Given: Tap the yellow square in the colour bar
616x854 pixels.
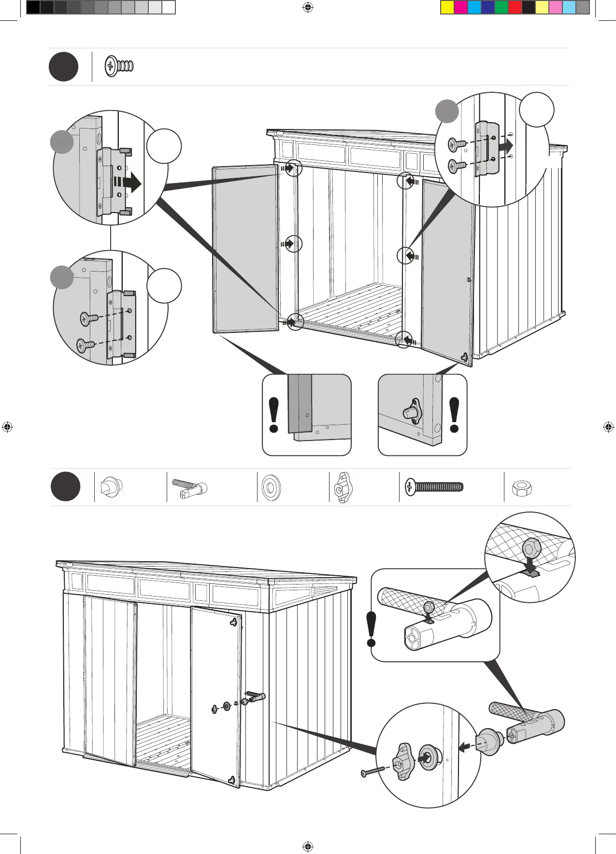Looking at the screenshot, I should [x=447, y=7].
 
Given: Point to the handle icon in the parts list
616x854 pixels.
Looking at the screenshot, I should [x=190, y=487].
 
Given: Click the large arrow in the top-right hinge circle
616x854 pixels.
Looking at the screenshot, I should [x=506, y=145].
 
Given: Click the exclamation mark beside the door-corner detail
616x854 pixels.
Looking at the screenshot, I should [x=274, y=414].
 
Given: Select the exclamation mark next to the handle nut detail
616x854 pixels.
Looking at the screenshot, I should [x=371, y=629].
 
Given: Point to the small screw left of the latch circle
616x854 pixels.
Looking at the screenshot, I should [x=372, y=771].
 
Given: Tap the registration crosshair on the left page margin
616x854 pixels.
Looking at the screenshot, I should [x=7, y=427].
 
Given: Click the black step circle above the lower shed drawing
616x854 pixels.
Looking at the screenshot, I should [x=65, y=487].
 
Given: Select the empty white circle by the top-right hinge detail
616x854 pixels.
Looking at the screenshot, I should [x=537, y=110].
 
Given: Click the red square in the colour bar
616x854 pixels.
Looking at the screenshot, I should [x=515, y=7].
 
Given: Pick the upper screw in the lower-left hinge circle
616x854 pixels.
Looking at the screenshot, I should [x=89, y=318].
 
